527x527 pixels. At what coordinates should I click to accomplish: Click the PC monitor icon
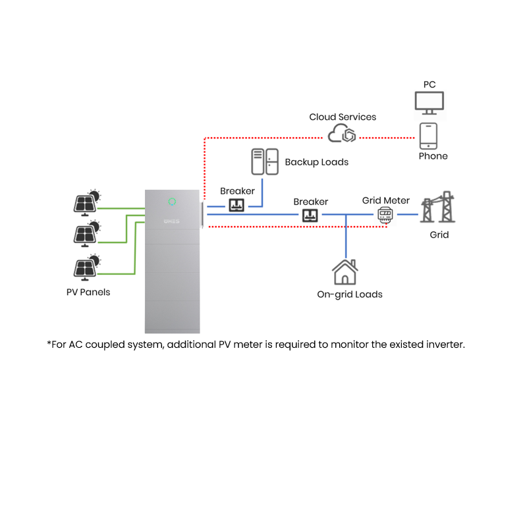(x=429, y=102)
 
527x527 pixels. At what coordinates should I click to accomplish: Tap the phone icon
(x=429, y=136)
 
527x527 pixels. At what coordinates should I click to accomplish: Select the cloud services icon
(x=342, y=134)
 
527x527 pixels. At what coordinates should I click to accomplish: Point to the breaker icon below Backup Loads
(x=236, y=205)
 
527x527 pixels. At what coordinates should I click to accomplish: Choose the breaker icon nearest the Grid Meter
(x=310, y=215)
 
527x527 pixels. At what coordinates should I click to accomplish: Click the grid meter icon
(x=385, y=214)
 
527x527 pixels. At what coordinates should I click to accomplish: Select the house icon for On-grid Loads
(x=346, y=272)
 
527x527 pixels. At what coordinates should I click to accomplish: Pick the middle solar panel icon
(x=86, y=233)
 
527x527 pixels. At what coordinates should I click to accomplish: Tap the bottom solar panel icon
(x=86, y=266)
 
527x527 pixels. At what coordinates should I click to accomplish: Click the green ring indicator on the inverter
(x=172, y=201)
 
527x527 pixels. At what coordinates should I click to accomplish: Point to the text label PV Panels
(x=88, y=292)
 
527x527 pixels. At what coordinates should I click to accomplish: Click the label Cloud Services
(x=343, y=117)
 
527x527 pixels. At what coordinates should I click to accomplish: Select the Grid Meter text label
(x=386, y=200)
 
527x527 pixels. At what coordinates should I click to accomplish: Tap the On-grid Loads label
(x=350, y=294)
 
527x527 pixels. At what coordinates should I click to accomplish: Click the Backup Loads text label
(x=317, y=161)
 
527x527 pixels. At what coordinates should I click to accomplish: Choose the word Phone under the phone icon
(x=433, y=156)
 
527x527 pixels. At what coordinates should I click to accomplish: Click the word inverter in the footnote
(x=445, y=345)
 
